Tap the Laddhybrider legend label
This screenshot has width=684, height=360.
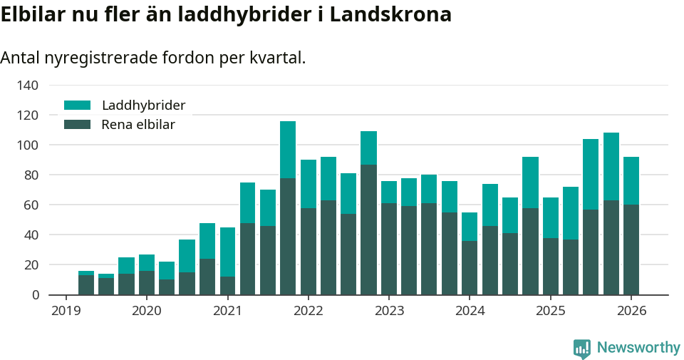pyautogui.click(x=143, y=106)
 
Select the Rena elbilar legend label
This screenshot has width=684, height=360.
pyautogui.click(x=138, y=125)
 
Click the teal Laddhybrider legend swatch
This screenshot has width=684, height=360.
pyautogui.click(x=78, y=106)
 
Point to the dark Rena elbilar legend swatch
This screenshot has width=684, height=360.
pyautogui.click(x=78, y=125)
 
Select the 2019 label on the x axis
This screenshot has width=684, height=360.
pyautogui.click(x=66, y=312)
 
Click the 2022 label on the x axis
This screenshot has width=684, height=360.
pyautogui.click(x=308, y=312)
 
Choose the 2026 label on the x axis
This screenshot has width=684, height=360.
pyautogui.click(x=631, y=312)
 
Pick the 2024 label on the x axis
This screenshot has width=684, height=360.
pyautogui.click(x=470, y=312)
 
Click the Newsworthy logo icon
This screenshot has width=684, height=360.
pyautogui.click(x=582, y=348)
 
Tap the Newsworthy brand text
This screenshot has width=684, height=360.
pyautogui.click(x=638, y=348)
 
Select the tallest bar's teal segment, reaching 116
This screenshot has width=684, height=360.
pyautogui.click(x=288, y=149)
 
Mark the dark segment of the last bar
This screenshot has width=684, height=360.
pyautogui.click(x=631, y=250)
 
